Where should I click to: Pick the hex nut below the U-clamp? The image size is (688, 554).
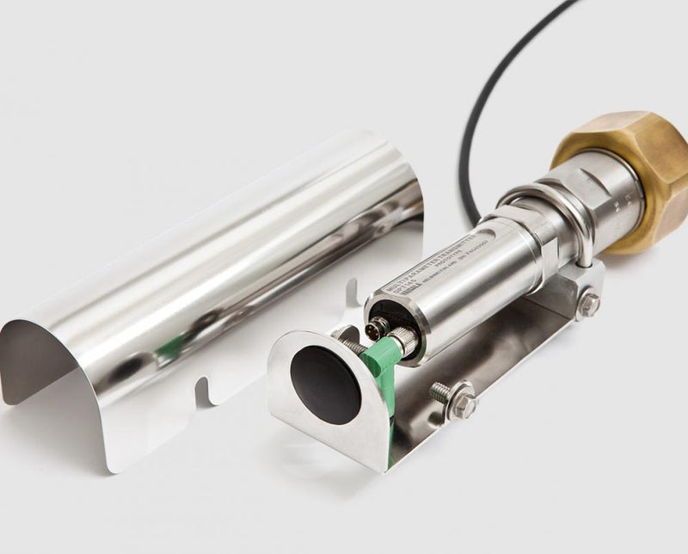click(x=588, y=303)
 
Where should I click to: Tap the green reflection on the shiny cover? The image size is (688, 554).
click(x=172, y=348)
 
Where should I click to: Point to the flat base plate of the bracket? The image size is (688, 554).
click(x=482, y=361)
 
